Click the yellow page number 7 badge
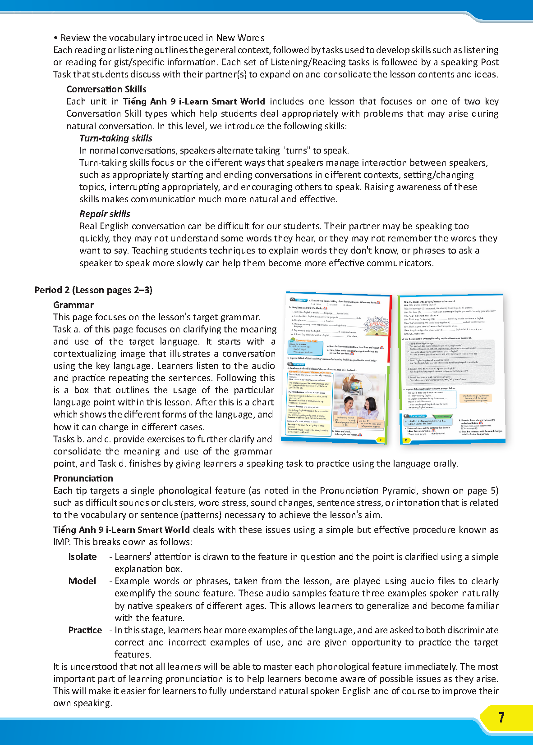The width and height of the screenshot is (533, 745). (x=501, y=718)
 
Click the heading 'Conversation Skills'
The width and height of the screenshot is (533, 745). (x=106, y=89)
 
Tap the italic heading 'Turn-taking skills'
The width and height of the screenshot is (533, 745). (x=116, y=138)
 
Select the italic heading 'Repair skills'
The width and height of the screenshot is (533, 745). (x=105, y=214)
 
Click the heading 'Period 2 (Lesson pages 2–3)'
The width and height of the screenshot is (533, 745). (x=93, y=290)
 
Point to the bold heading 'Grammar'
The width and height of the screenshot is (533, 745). (x=74, y=305)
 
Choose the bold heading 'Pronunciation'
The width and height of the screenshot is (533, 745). (x=83, y=478)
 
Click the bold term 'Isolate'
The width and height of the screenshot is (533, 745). (x=83, y=557)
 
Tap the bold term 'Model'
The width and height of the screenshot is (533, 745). (x=82, y=581)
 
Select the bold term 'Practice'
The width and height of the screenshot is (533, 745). (x=85, y=630)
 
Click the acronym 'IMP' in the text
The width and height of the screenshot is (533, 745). (x=61, y=542)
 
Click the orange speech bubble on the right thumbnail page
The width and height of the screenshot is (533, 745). (x=476, y=398)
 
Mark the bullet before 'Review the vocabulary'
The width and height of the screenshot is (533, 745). (x=55, y=38)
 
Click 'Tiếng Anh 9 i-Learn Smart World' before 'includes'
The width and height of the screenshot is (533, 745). (x=194, y=101)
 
